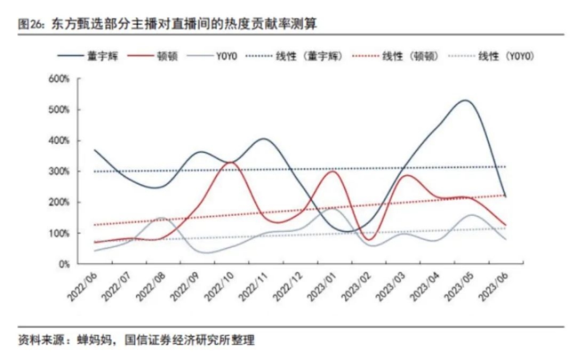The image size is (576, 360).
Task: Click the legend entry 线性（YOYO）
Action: [x=507, y=56]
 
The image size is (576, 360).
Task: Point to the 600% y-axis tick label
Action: [x=60, y=79]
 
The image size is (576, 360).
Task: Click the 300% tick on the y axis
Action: [x=60, y=172]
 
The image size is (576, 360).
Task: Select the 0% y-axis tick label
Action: [x=63, y=265]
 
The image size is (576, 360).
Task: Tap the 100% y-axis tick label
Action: [x=60, y=234]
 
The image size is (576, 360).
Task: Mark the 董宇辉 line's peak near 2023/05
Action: [x=465, y=100]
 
